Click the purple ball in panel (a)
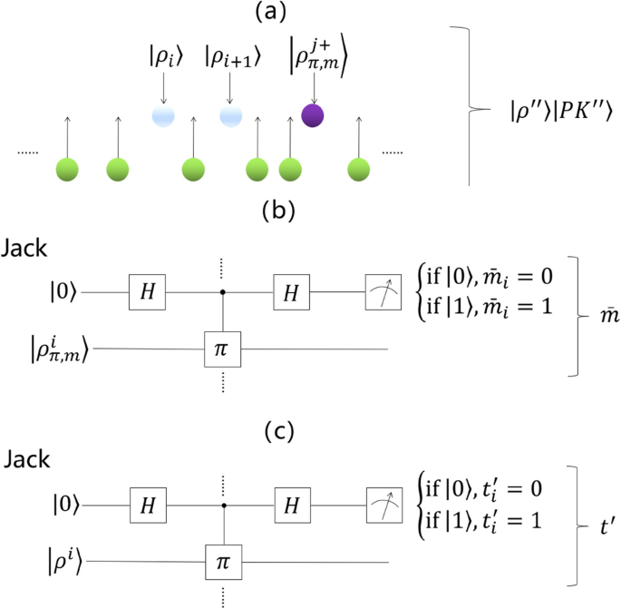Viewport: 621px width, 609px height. tap(315, 116)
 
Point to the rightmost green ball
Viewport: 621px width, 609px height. tap(361, 168)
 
